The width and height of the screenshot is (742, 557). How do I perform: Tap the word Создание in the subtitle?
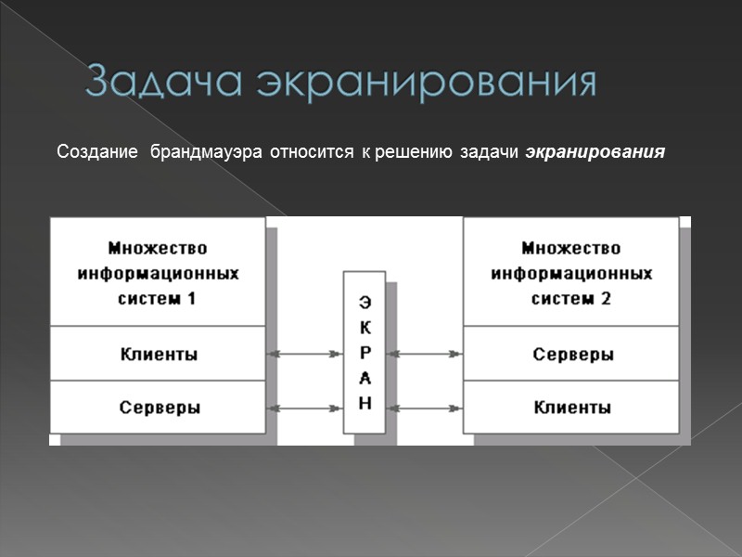click(x=96, y=150)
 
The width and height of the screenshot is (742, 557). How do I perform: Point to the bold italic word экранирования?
click(x=595, y=150)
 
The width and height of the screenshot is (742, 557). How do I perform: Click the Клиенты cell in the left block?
click(x=158, y=354)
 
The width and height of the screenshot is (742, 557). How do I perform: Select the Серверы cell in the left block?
click(x=158, y=407)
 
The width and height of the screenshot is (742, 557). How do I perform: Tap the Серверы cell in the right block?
click(x=571, y=354)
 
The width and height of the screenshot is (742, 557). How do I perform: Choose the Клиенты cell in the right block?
click(x=571, y=407)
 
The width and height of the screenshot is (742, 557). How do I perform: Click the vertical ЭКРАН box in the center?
click(x=365, y=352)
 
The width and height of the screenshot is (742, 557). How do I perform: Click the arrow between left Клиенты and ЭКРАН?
click(x=304, y=354)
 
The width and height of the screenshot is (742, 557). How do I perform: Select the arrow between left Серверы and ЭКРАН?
click(x=304, y=407)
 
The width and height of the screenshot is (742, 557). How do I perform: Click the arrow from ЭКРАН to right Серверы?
click(x=425, y=354)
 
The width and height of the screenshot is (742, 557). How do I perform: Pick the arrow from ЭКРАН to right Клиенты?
click(x=425, y=407)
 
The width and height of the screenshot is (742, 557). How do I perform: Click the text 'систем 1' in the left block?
click(x=158, y=299)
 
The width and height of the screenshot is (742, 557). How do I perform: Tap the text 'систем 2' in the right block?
click(x=571, y=299)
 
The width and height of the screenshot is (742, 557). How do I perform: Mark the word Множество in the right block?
click(x=571, y=248)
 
